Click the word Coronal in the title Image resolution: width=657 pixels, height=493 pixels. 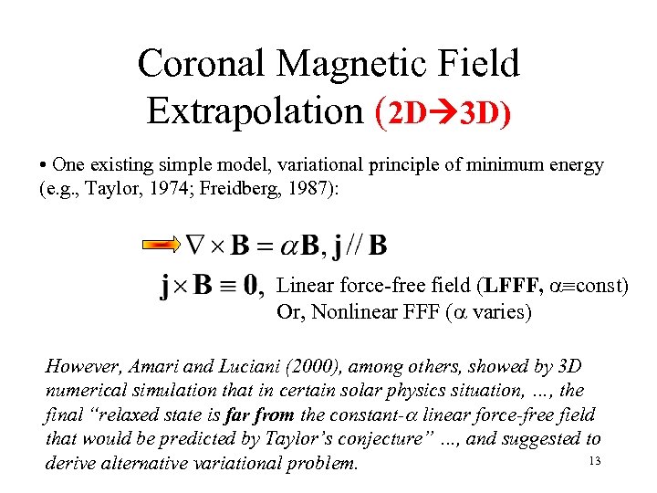(x=201, y=65)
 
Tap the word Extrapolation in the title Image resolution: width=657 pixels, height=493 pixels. (x=255, y=110)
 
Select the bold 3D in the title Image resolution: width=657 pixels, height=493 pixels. (x=481, y=113)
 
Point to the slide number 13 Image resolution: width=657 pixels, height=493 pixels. (x=594, y=461)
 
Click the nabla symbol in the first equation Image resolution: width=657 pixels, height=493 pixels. (x=194, y=245)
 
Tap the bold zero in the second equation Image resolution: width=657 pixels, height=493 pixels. (x=248, y=287)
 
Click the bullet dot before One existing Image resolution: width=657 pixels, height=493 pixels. (x=45, y=166)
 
